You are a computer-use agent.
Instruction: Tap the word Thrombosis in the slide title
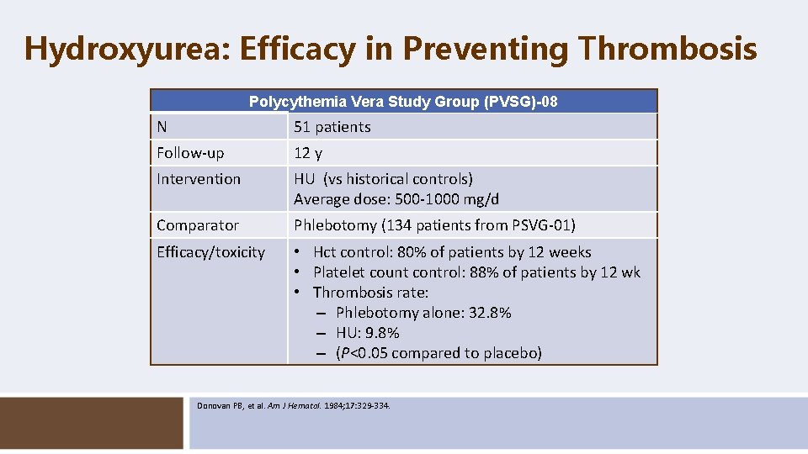[667, 49]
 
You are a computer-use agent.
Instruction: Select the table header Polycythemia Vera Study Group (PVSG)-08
[403, 102]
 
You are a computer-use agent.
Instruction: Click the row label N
[162, 127]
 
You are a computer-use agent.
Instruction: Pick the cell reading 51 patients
[332, 127]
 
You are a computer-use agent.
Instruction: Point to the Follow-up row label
[190, 153]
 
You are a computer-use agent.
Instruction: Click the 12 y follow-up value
[307, 153]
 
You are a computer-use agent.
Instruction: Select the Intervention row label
[199, 179]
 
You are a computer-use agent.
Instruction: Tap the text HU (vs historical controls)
[383, 179]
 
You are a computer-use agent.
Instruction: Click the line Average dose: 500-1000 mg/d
[396, 199]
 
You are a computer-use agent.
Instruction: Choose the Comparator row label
[198, 225]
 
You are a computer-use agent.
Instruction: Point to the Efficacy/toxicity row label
[210, 252]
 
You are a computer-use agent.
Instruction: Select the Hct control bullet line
[451, 252]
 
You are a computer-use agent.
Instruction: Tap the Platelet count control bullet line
[476, 272]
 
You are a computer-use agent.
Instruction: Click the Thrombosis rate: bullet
[370, 293]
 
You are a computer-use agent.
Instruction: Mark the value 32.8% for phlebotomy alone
[492, 313]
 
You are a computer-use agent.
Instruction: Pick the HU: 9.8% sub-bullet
[367, 333]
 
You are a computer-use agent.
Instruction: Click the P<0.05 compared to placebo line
[438, 353]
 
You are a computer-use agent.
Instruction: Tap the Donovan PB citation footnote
[294, 406]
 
